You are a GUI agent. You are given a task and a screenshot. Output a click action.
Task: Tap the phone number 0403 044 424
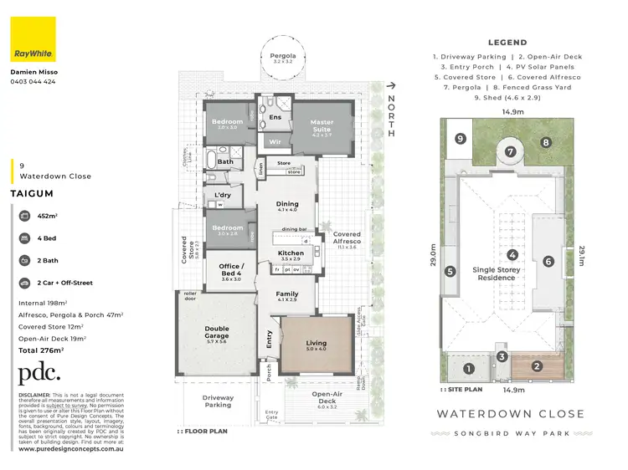(34, 82)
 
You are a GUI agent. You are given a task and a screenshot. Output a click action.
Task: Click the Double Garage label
(217, 333)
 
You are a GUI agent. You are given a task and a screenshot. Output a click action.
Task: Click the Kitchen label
(291, 253)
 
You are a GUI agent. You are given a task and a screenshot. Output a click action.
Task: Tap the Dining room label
(287, 204)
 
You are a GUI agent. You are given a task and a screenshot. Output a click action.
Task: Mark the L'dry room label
(222, 195)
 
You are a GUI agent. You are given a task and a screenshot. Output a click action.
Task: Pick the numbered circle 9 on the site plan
(459, 140)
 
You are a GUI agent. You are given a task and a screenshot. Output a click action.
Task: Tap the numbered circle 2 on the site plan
(537, 365)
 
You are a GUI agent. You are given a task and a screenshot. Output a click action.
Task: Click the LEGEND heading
(507, 43)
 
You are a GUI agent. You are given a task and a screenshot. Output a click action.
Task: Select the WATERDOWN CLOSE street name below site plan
(510, 414)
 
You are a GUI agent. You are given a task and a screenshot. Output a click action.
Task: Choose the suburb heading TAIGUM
(32, 192)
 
